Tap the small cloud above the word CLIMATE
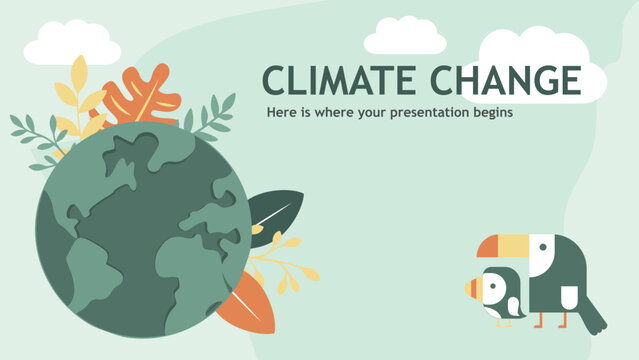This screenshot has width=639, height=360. click(403, 38)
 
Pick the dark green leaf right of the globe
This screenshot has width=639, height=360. click(273, 212)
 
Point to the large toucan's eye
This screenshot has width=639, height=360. click(540, 244)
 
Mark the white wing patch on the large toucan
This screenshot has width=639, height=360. click(568, 296)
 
